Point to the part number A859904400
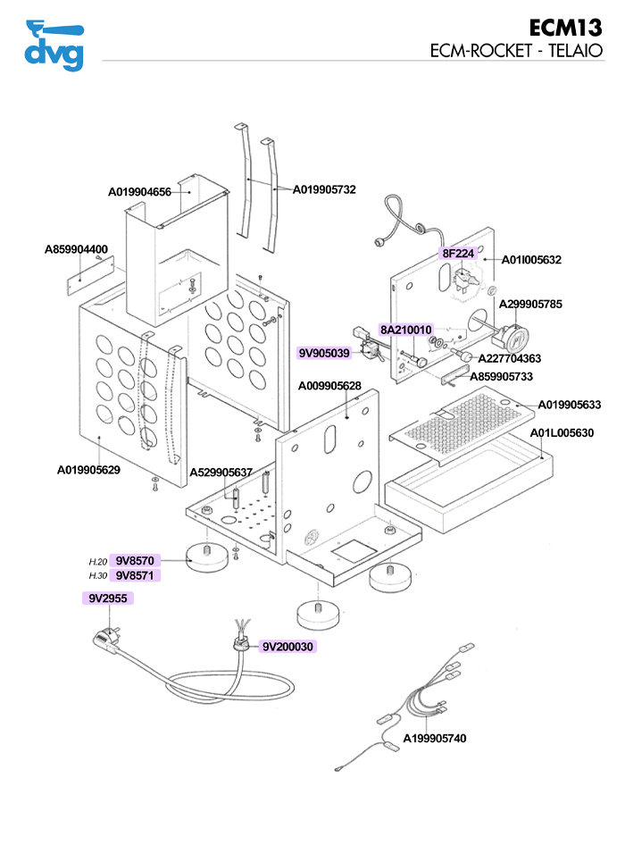coord(77,249)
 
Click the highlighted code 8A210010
coord(406,330)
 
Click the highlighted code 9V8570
coord(136,561)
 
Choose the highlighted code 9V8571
coord(136,575)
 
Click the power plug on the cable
coord(107,638)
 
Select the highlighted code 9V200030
coord(287,646)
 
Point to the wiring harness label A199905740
coord(435,739)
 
